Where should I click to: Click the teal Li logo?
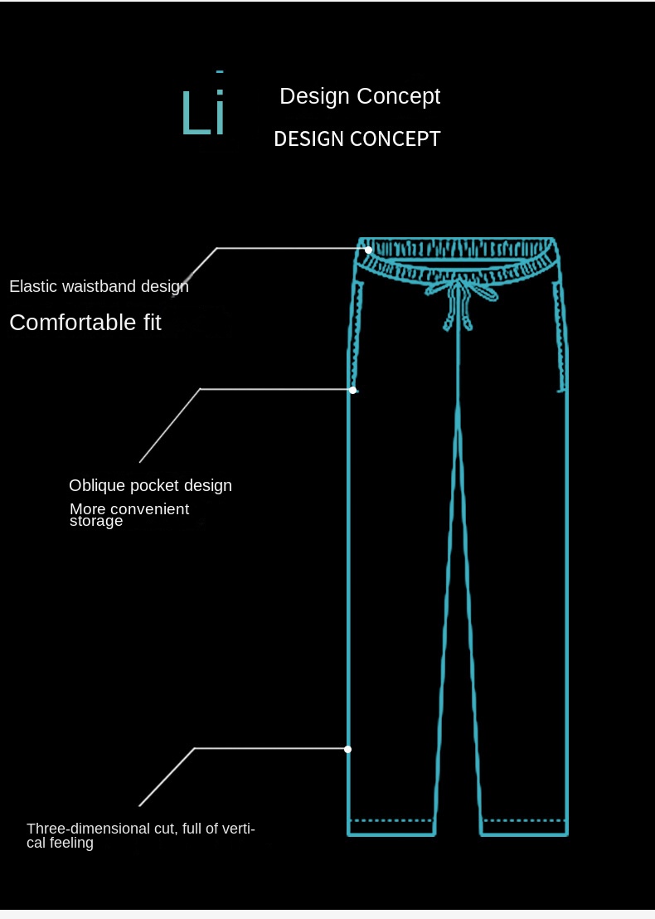coord(203,105)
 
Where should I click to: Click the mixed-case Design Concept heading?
coord(360,96)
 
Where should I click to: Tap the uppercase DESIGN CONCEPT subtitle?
coord(357,139)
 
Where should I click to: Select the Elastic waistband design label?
coord(99,287)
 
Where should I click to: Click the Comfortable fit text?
coord(85,323)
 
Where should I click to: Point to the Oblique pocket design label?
coord(151,486)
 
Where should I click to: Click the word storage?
coord(96,521)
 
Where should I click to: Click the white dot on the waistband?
coord(368,250)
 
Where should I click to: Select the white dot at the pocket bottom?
coord(352,390)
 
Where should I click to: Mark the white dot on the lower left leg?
coord(348,749)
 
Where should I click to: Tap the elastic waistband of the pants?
coord(458,258)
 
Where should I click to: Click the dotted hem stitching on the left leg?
coord(391,820)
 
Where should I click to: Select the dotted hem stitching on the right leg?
coord(524,820)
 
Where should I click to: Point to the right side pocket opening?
coord(560,337)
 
